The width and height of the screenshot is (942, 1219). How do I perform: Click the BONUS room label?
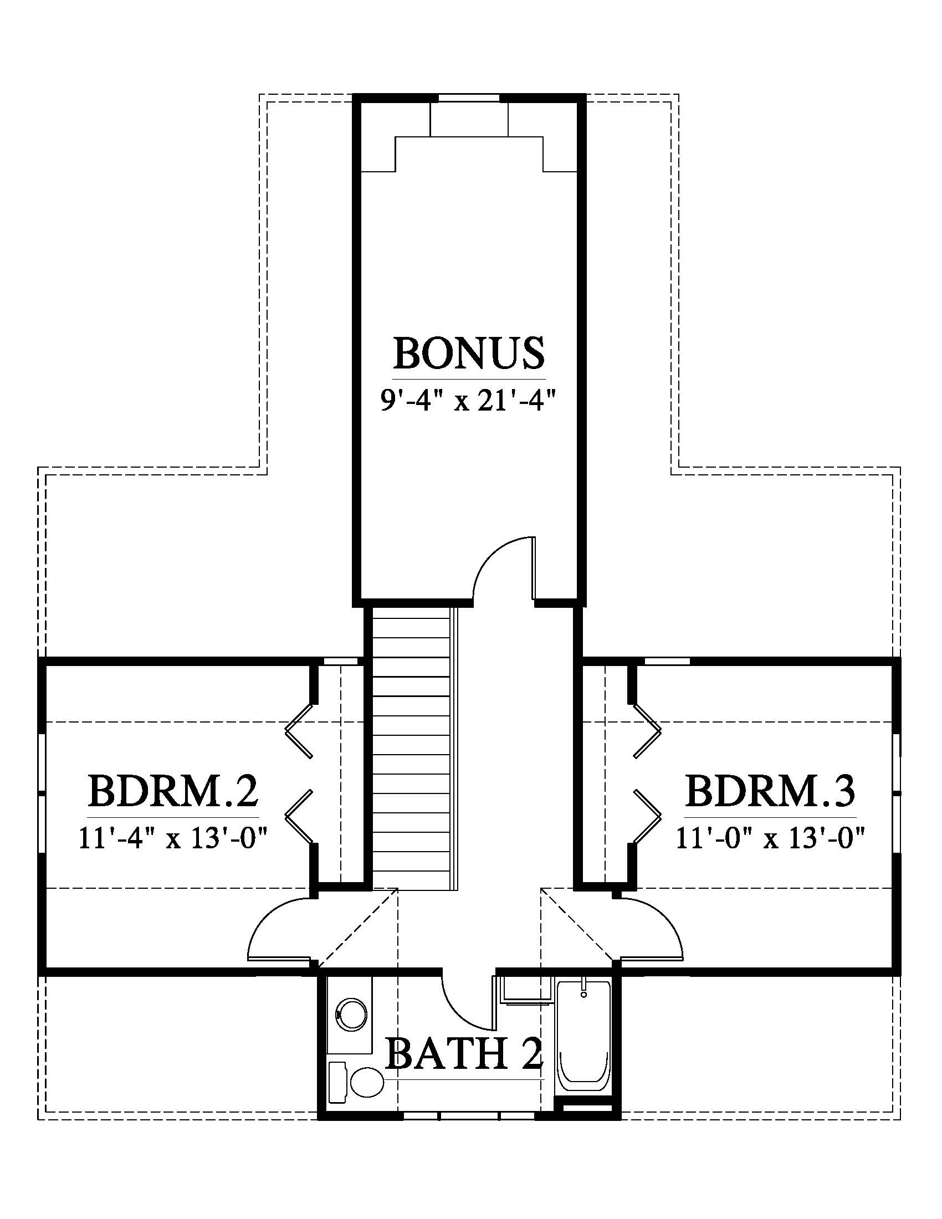(469, 353)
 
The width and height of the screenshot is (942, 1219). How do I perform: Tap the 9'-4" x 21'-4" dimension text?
(469, 401)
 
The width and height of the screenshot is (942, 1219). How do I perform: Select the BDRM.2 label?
(173, 791)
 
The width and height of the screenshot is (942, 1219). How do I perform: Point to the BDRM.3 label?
(770, 791)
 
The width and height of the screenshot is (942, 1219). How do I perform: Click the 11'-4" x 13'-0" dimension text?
(173, 838)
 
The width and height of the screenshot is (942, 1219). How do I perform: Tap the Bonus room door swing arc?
(499, 566)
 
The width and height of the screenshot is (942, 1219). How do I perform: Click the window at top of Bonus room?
(469, 98)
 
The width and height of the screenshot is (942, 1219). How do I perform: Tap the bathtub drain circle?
(583, 994)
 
